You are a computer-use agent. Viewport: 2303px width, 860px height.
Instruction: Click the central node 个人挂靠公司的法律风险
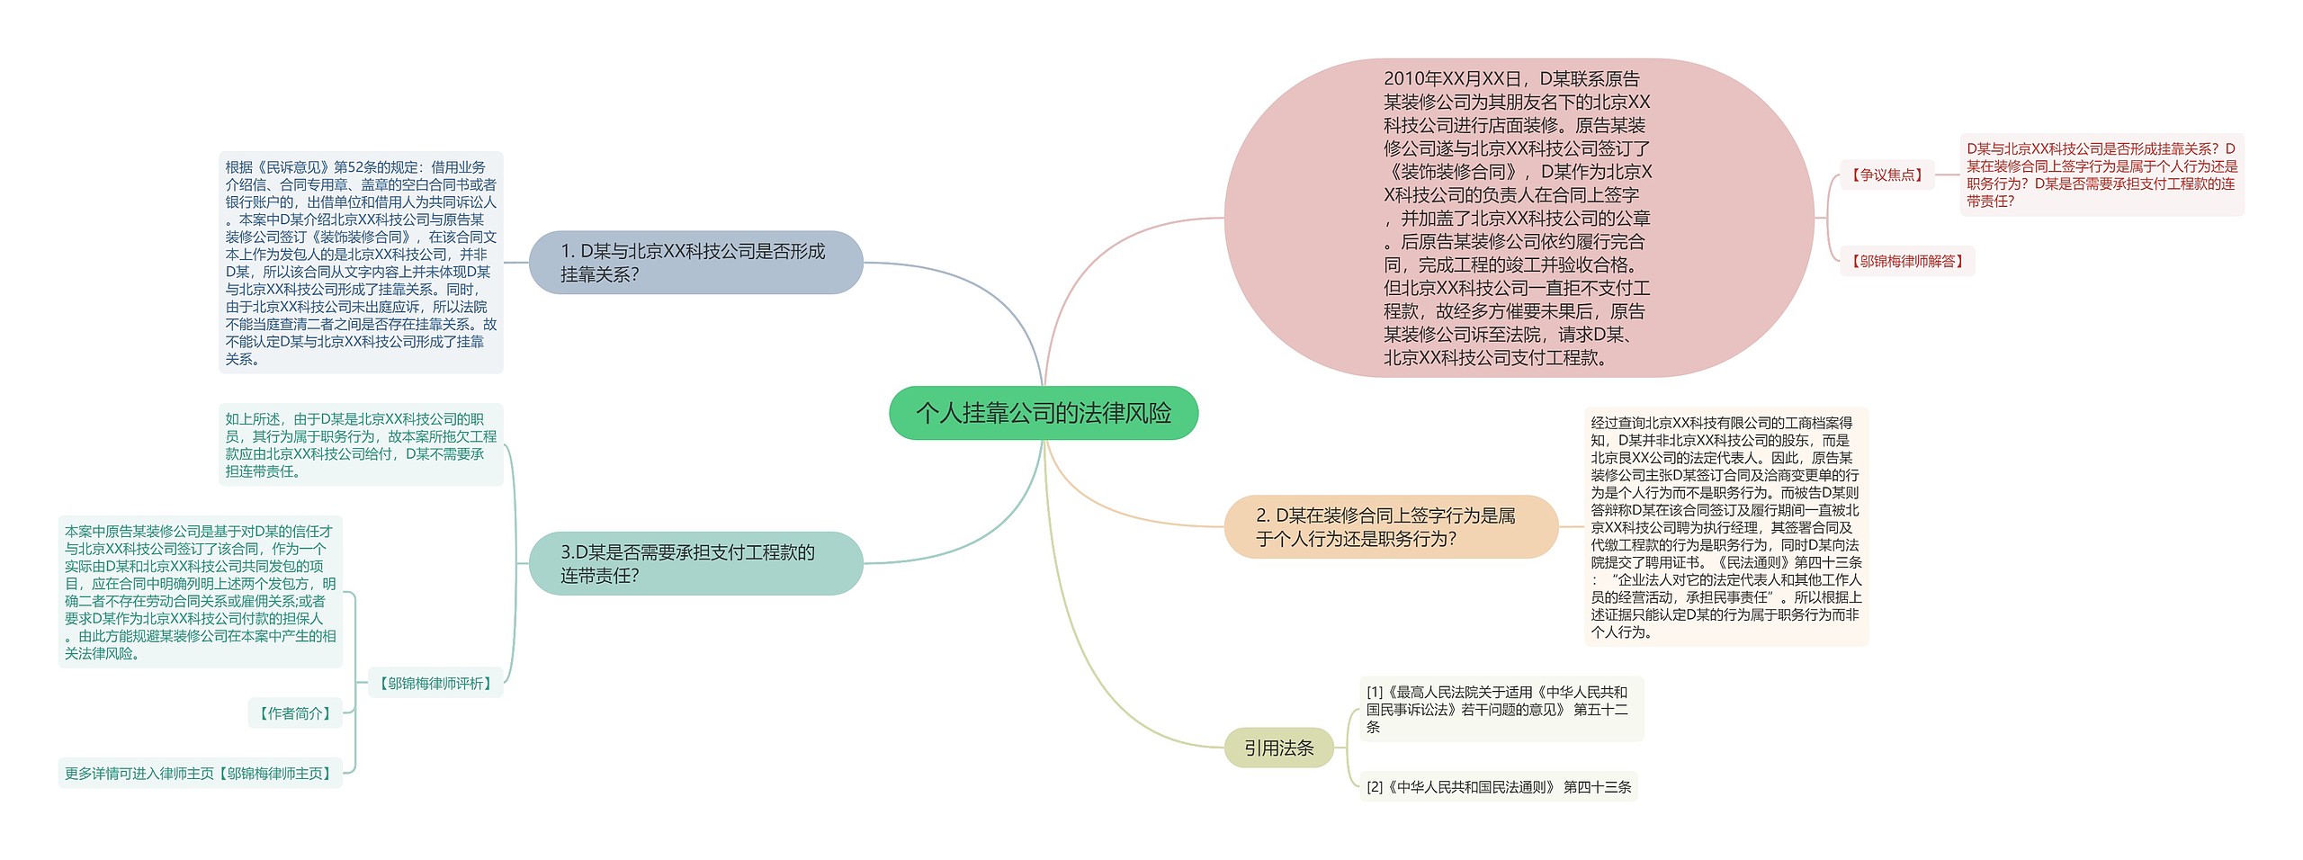[1043, 413]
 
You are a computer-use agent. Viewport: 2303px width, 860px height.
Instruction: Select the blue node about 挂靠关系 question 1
[695, 263]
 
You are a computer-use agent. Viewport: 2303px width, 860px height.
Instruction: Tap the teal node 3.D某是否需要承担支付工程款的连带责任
[695, 563]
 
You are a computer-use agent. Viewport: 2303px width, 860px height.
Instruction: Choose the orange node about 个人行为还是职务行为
[1390, 526]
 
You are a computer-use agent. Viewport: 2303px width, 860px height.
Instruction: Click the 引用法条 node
[1278, 748]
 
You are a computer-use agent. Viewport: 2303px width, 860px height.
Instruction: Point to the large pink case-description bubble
[1518, 218]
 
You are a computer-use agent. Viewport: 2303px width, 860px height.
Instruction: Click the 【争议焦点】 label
[1886, 175]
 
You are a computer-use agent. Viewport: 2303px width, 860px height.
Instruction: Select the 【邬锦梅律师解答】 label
[1906, 261]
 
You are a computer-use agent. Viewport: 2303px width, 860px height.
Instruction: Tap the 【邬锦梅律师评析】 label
[435, 683]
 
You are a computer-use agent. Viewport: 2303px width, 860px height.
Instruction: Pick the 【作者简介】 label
[295, 712]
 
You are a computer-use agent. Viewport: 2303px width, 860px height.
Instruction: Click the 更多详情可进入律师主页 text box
[200, 773]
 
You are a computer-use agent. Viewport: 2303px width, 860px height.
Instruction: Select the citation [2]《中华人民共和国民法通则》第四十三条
[1498, 786]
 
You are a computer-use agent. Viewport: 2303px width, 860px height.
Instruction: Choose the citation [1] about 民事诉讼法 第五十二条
[1500, 709]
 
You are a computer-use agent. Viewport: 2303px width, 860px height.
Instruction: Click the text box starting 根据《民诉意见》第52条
[360, 263]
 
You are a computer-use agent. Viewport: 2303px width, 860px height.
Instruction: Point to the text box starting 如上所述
[360, 444]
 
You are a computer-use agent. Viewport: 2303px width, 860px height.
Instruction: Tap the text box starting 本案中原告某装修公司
[200, 592]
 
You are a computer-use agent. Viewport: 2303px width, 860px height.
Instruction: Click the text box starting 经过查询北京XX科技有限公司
[1725, 526]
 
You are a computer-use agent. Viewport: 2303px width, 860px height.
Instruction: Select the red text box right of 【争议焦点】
[2101, 175]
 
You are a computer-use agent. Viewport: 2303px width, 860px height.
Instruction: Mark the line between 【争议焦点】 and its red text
[1947, 175]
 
